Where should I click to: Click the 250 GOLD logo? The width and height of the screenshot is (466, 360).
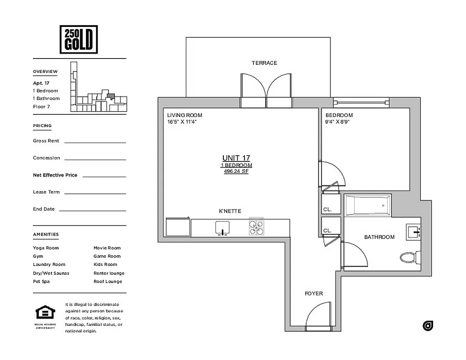coord(78,39)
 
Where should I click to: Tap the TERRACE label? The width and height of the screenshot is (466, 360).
coord(264,63)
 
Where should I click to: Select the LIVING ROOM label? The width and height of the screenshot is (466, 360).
coord(185,115)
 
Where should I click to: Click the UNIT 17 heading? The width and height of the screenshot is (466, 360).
coord(236,158)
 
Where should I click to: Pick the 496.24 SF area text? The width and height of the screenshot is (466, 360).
coord(236,171)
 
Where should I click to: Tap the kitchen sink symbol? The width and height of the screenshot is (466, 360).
coord(222,228)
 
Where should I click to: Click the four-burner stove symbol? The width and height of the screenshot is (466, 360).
coord(256,228)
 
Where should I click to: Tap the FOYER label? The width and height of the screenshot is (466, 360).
coord(313,294)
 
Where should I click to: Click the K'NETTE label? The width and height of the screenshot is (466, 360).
coord(230,211)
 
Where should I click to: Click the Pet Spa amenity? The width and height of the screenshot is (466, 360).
coord(41,282)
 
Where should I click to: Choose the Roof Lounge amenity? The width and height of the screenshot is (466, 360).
coord(108,282)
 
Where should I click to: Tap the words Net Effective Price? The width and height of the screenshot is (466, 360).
coord(55,175)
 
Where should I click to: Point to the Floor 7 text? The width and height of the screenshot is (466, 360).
coord(41,107)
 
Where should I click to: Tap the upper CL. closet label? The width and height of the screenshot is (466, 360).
coord(327,209)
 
